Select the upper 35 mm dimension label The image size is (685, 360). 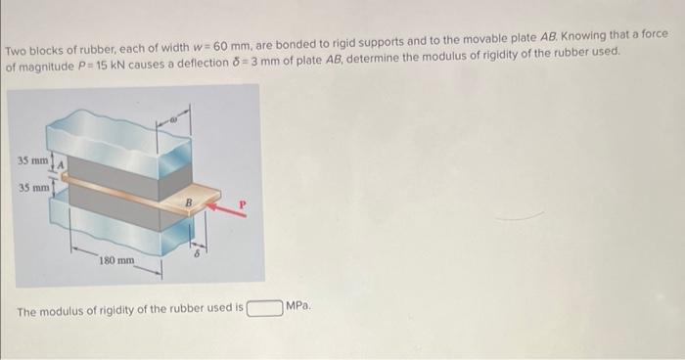coord(30,158)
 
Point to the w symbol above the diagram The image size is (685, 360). coord(172,123)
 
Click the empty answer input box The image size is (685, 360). coord(264,309)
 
